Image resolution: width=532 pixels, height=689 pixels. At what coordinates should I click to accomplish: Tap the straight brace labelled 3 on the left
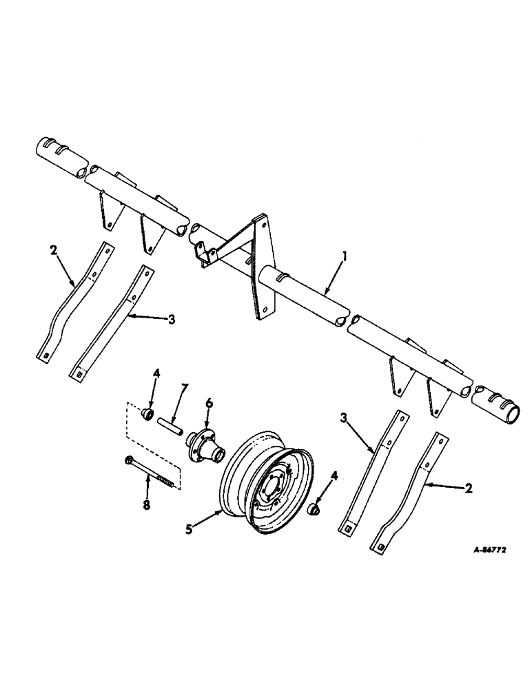110,321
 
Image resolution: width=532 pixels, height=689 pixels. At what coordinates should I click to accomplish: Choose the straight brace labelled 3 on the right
370,470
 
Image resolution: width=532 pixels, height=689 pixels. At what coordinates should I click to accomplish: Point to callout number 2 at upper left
52,251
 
